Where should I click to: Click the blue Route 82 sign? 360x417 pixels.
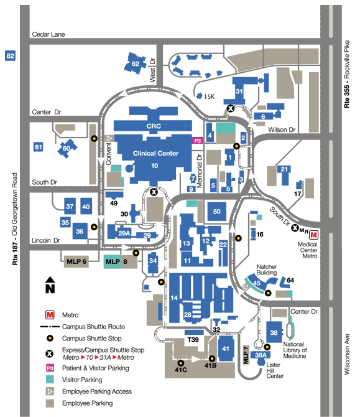tap(10, 56)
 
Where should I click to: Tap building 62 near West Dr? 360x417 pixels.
tap(135, 63)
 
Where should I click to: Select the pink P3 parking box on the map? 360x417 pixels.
tap(197, 141)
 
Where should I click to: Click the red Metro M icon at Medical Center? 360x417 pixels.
tap(313, 235)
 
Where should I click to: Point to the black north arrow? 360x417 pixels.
tap(50, 285)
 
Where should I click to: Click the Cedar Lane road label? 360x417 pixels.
tap(48, 34)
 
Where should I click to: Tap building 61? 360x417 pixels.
tap(39, 147)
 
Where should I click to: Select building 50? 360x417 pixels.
tap(217, 212)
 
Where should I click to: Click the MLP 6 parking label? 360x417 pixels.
tap(76, 261)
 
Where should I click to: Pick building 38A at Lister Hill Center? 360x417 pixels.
tap(261, 355)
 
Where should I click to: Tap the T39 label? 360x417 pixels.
tap(193, 340)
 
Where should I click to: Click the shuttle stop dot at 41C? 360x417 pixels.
tap(181, 363)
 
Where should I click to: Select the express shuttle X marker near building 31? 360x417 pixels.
tap(231, 108)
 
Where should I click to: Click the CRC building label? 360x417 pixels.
tap(154, 126)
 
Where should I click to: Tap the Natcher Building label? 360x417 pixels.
tap(267, 269)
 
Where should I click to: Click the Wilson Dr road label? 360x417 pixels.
tap(282, 130)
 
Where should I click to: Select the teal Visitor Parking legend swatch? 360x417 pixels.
tap(50, 380)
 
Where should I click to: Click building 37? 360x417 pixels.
tap(70, 206)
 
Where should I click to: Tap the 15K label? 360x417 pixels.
tap(209, 97)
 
